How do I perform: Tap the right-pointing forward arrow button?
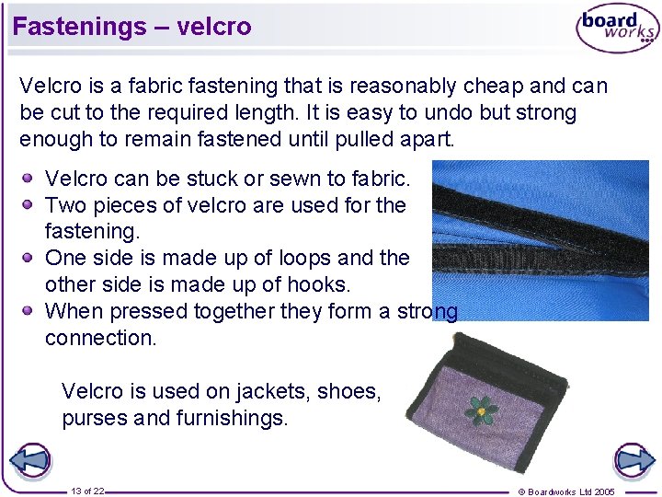[x=633, y=461]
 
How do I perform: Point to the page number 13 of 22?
[x=87, y=491]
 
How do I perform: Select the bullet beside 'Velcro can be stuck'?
[x=30, y=178]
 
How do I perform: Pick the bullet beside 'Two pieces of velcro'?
[x=30, y=204]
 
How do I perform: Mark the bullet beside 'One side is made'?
[x=30, y=258]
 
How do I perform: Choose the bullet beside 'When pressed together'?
[x=30, y=311]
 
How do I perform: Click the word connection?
[x=101, y=338]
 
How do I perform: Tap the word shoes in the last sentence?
[x=348, y=391]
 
